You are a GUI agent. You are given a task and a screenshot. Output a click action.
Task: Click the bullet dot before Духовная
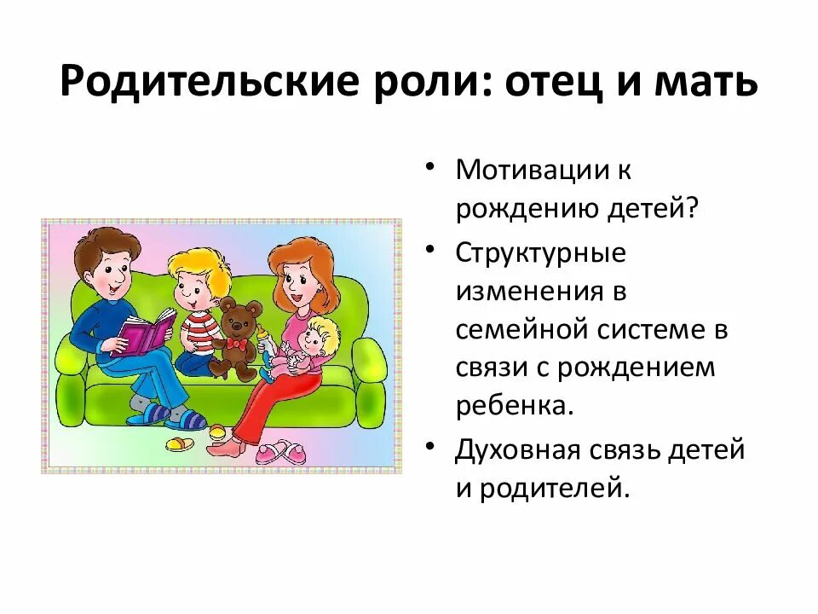tap(434, 446)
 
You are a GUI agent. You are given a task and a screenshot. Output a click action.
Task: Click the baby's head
tap(320, 332)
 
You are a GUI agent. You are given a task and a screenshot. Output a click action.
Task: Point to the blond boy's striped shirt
tap(199, 329)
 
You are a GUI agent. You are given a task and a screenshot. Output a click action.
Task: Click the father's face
tap(110, 273)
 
